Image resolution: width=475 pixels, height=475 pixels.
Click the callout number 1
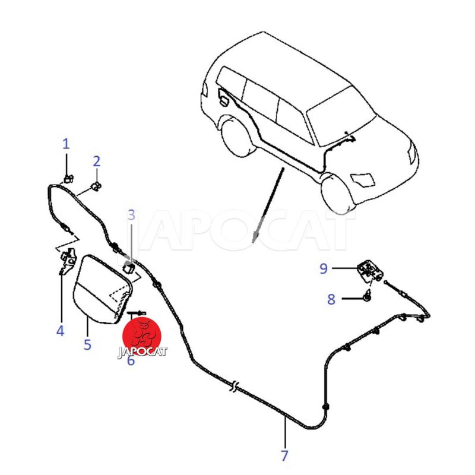click(66, 144)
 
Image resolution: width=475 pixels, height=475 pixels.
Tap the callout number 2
click(96, 161)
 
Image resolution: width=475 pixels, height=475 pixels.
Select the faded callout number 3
click(131, 215)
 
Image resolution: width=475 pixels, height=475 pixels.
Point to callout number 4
click(61, 331)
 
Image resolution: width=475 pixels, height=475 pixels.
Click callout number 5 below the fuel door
click(87, 344)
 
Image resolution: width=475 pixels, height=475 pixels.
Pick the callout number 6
click(131, 360)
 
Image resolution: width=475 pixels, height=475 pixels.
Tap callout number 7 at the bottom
click(284, 455)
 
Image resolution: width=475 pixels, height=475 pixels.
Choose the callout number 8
click(331, 299)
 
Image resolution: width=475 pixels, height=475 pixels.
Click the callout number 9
click(324, 268)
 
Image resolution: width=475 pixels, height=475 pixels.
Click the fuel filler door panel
click(103, 289)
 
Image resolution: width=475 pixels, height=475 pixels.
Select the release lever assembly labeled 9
click(370, 270)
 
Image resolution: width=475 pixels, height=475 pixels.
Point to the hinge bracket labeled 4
click(68, 261)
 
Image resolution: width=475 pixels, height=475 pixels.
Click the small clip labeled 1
click(69, 179)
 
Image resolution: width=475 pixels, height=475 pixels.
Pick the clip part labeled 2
click(97, 186)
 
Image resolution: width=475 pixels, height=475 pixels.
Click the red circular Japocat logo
click(142, 336)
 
